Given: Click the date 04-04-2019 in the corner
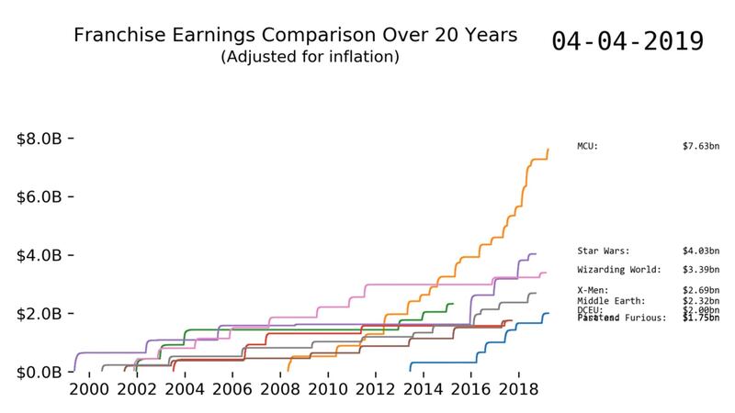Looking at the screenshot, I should click(628, 41).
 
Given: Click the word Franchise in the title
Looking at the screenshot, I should click(112, 37).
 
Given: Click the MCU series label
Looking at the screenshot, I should click(588, 146).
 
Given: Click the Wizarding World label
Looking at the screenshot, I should click(618, 270).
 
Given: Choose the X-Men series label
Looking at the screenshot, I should click(593, 291).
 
